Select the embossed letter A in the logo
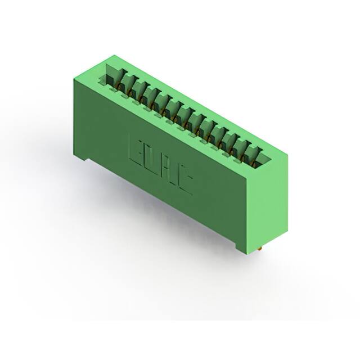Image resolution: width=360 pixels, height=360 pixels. (169, 172)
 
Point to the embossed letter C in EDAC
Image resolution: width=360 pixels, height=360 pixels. (185, 183)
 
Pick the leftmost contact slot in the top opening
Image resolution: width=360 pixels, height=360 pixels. (126, 83)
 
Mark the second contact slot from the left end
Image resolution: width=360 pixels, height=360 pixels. (138, 90)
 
